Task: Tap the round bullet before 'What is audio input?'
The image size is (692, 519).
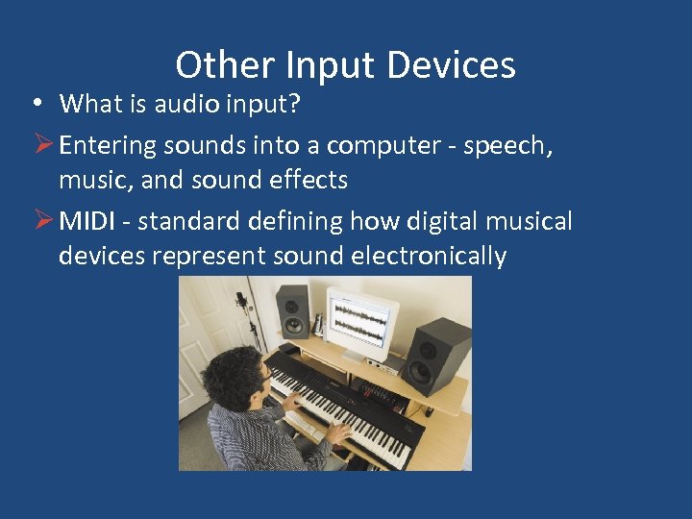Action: (35, 103)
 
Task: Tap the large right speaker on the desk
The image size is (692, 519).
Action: (436, 354)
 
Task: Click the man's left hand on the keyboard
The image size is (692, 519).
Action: (338, 434)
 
